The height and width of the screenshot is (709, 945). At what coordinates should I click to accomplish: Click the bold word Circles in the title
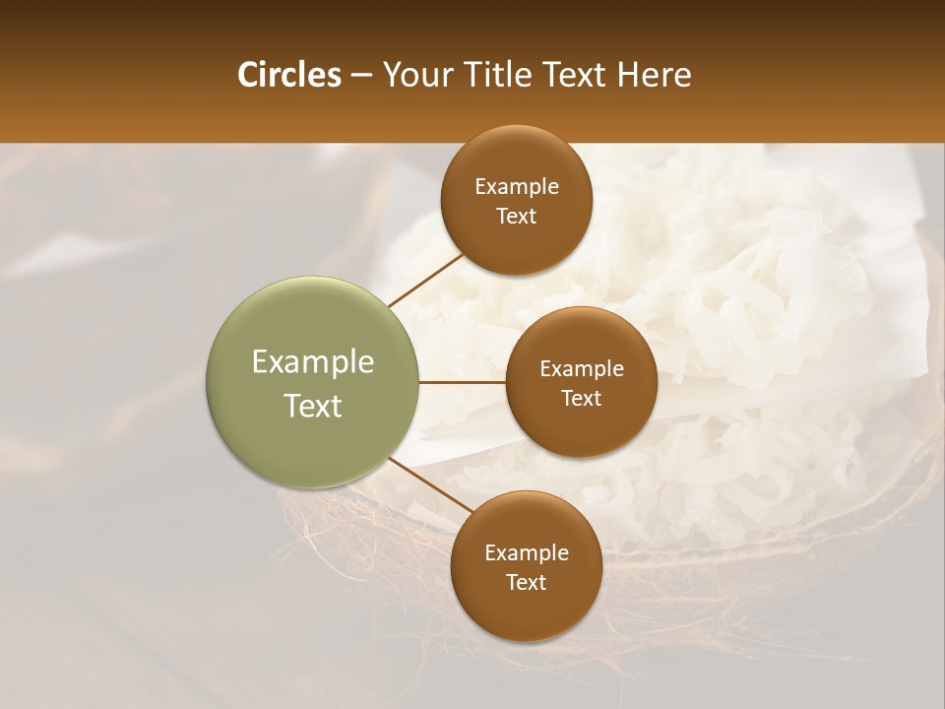pyautogui.click(x=288, y=75)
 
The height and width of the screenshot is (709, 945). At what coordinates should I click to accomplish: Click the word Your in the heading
pyautogui.click(x=415, y=75)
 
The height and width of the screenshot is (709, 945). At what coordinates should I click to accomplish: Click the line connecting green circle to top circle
pyautogui.click(x=427, y=280)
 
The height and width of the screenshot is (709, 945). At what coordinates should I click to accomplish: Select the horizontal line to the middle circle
pyautogui.click(x=462, y=382)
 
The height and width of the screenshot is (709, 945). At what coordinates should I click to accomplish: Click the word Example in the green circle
pyautogui.click(x=313, y=362)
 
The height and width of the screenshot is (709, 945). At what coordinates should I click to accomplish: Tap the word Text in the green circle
pyautogui.click(x=313, y=406)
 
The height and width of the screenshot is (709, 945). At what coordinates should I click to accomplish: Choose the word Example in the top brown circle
pyautogui.click(x=517, y=187)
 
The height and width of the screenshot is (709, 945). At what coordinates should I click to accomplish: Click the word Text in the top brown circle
pyautogui.click(x=517, y=217)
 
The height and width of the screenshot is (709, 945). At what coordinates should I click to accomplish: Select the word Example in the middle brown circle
pyautogui.click(x=582, y=369)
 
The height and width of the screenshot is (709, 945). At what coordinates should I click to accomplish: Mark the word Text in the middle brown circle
pyautogui.click(x=582, y=399)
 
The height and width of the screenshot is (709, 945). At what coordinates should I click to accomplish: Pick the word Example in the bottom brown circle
pyautogui.click(x=527, y=553)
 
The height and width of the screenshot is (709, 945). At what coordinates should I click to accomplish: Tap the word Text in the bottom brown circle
pyautogui.click(x=527, y=583)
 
